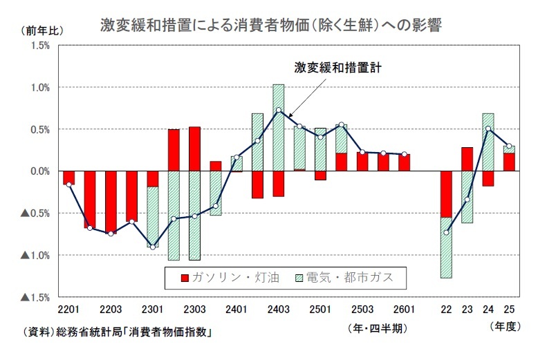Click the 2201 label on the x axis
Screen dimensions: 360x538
[x=68, y=309]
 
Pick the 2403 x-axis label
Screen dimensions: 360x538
[x=278, y=309]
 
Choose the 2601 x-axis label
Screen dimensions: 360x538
[x=404, y=309]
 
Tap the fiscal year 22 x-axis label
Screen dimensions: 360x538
[x=446, y=309]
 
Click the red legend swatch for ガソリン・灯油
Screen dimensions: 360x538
[x=185, y=278]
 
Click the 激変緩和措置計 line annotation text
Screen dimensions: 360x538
[x=337, y=68]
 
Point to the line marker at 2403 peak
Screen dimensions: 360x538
[x=278, y=111]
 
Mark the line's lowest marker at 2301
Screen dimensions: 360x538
[x=152, y=247]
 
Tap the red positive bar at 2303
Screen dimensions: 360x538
[x=194, y=149]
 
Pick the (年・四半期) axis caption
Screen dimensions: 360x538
[x=376, y=329]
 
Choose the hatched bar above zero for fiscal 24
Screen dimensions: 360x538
[x=488, y=142]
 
